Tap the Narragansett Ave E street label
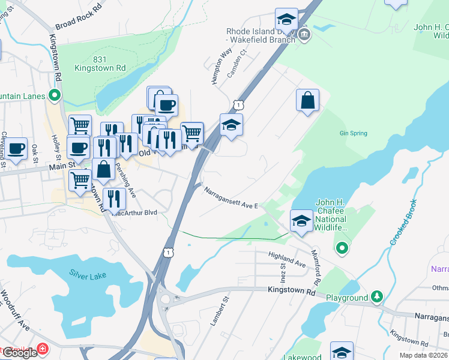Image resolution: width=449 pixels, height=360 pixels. [x=231, y=199]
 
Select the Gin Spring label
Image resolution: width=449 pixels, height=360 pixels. [x=352, y=133]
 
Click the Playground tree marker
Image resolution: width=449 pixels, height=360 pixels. [x=376, y=296]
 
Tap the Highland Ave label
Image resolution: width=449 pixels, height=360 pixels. [x=287, y=259]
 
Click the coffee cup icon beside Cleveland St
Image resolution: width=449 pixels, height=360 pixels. [x=16, y=148]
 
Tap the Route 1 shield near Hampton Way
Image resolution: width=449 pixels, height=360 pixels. [x=238, y=105]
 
